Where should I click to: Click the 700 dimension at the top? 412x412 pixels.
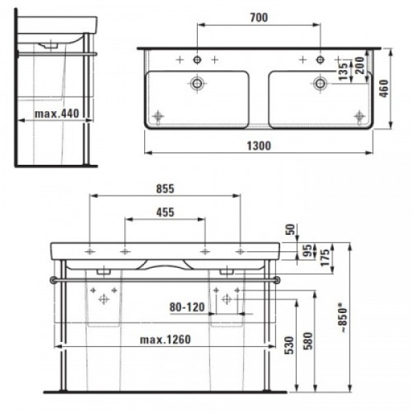tap(258, 18)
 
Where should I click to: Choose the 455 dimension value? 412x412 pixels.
tap(165, 212)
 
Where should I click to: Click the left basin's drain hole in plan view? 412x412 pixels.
tap(196, 82)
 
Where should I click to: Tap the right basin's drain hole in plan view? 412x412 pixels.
tap(320, 82)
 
